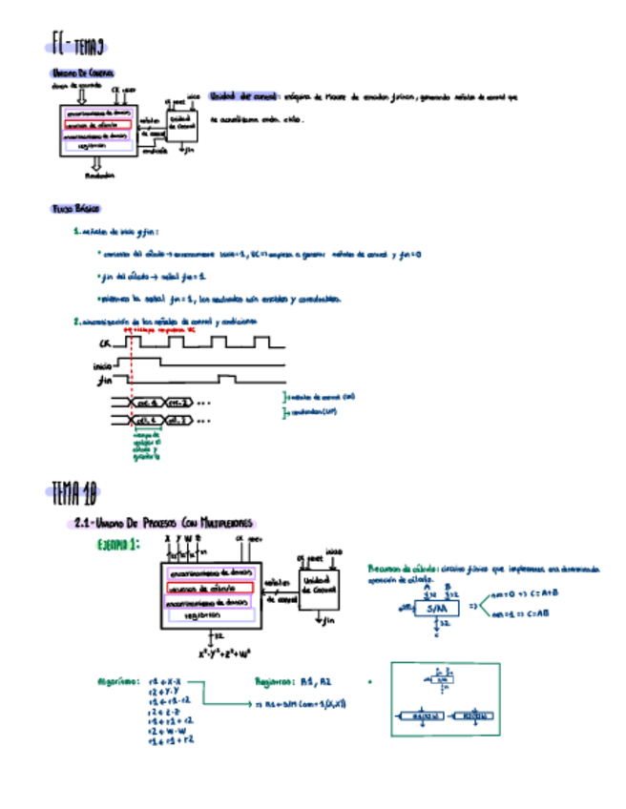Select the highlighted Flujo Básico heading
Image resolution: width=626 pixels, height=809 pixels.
pyautogui.click(x=75, y=208)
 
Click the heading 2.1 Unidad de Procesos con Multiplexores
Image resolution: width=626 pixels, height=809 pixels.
pyautogui.click(x=163, y=523)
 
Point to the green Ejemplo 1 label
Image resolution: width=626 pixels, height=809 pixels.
pyautogui.click(x=118, y=544)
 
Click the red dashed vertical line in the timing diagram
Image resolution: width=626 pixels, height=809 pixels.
pyautogui.click(x=130, y=382)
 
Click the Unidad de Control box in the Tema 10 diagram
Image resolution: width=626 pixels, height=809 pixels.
pyautogui.click(x=315, y=584)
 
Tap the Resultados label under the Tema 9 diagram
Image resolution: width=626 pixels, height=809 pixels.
pyautogui.click(x=99, y=176)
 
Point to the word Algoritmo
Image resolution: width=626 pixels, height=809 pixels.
pyautogui.click(x=120, y=682)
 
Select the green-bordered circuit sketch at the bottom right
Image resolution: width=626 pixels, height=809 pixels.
pyautogui.click(x=444, y=699)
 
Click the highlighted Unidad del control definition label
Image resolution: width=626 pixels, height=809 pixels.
pyautogui.click(x=243, y=96)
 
